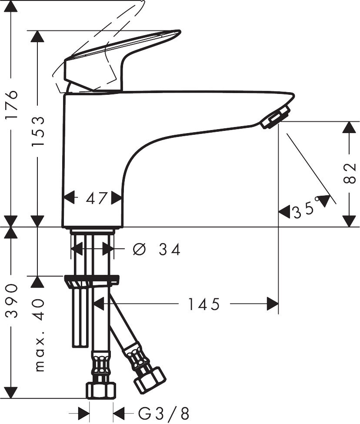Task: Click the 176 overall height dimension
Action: [x=11, y=106]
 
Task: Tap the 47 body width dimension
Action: [x=96, y=198]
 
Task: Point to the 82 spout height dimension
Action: [x=350, y=174]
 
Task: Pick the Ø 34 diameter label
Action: [x=156, y=249]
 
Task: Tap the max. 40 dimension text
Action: [x=39, y=335]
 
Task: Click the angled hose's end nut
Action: [x=150, y=378]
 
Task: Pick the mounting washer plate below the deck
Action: [x=92, y=280]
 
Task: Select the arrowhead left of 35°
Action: [x=284, y=212]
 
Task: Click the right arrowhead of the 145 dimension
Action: [x=273, y=304]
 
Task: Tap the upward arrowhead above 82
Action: [x=349, y=127]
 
